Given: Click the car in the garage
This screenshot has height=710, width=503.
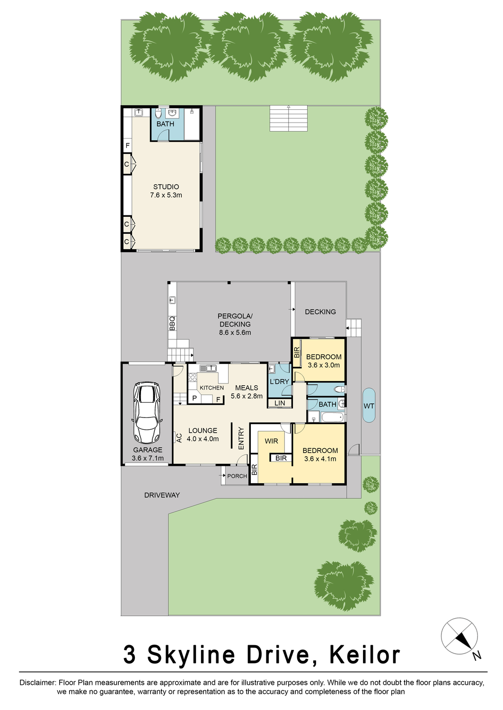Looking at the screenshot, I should tap(147, 412).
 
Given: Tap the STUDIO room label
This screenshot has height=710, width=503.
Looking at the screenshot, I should tap(166, 187).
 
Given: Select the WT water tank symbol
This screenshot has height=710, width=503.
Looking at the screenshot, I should tap(369, 406).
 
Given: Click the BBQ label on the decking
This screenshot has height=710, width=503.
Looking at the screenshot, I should tap(172, 323).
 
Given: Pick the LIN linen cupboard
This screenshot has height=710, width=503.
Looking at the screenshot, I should tap(280, 403).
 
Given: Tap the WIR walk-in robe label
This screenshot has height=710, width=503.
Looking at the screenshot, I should tap(271, 441).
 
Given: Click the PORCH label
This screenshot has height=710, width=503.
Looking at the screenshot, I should tap(237, 476).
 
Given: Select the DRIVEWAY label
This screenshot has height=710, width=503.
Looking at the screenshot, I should tap(162, 495).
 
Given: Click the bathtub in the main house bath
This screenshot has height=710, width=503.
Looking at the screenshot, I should tap(332, 417).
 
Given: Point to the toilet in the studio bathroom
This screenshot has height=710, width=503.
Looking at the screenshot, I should tap(159, 114).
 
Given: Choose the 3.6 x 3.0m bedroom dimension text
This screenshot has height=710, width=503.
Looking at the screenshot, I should tap(324, 365).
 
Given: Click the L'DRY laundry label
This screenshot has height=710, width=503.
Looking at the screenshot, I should tap(279, 382).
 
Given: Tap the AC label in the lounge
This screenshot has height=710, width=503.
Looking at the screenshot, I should tap(179, 438).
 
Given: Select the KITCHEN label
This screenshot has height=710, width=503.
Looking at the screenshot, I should tap(212, 388).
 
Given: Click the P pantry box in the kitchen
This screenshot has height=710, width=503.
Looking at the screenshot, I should tap(194, 399).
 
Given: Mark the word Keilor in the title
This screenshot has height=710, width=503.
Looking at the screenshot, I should tap(364, 655).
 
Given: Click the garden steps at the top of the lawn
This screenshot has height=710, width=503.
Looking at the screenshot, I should tap(288, 118).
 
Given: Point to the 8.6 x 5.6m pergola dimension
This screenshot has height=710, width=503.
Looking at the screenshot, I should tap(235, 333).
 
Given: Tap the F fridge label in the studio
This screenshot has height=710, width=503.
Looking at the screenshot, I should tap(128, 146).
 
